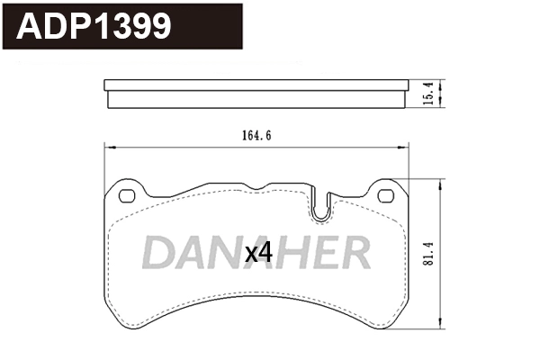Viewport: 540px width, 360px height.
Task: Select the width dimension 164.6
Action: coord(256,136)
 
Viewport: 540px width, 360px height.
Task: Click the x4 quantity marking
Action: coord(258,254)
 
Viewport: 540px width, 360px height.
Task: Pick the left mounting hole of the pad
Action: coord(126,196)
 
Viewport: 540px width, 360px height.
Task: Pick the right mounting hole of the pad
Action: coord(386,196)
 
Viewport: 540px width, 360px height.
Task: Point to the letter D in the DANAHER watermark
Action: coord(158,254)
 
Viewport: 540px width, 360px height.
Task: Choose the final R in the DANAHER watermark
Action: coord(355,254)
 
